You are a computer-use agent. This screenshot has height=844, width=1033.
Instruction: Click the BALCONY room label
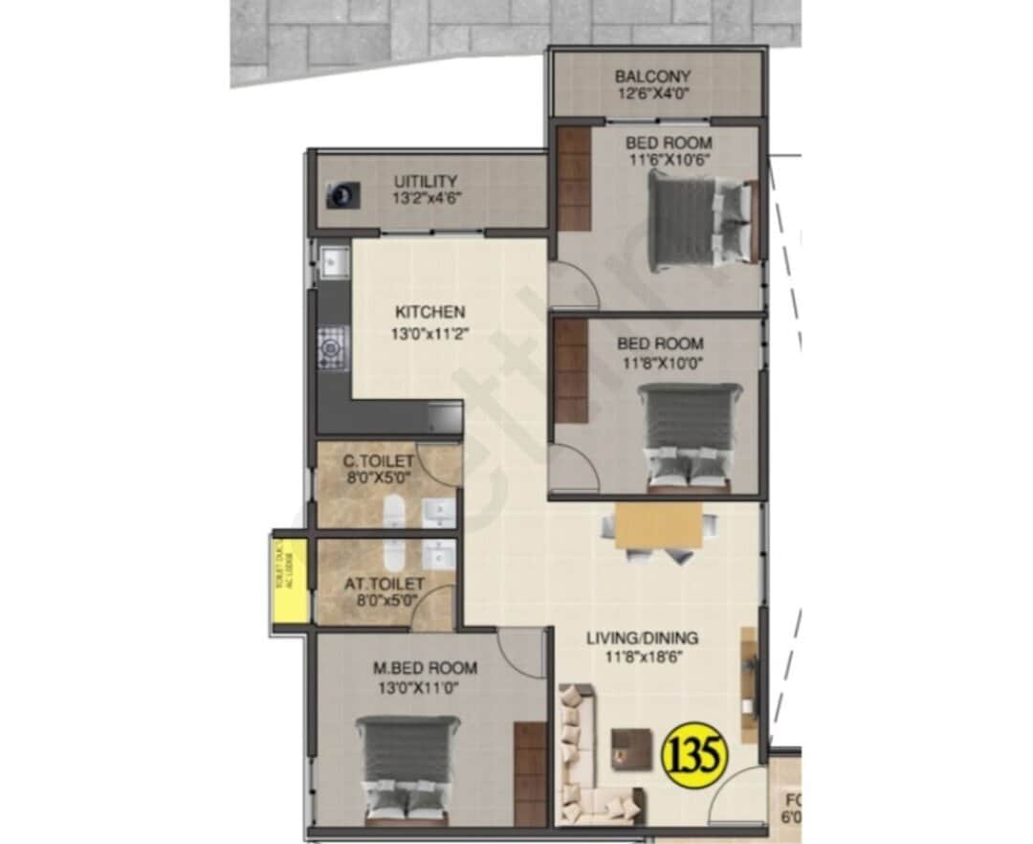coord(653,77)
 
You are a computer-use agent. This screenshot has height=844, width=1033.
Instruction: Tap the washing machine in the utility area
coord(341,195)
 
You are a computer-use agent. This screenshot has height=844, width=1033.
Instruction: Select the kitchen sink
coord(334,260)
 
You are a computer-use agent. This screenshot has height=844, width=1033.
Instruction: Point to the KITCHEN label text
coord(429,312)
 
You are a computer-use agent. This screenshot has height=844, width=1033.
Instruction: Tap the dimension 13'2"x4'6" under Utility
coord(426,199)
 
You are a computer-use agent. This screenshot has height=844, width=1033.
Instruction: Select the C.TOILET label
coord(379,462)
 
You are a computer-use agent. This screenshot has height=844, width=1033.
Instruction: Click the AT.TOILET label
coord(381,583)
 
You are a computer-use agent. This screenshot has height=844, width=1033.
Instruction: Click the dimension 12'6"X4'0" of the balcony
coord(653,95)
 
